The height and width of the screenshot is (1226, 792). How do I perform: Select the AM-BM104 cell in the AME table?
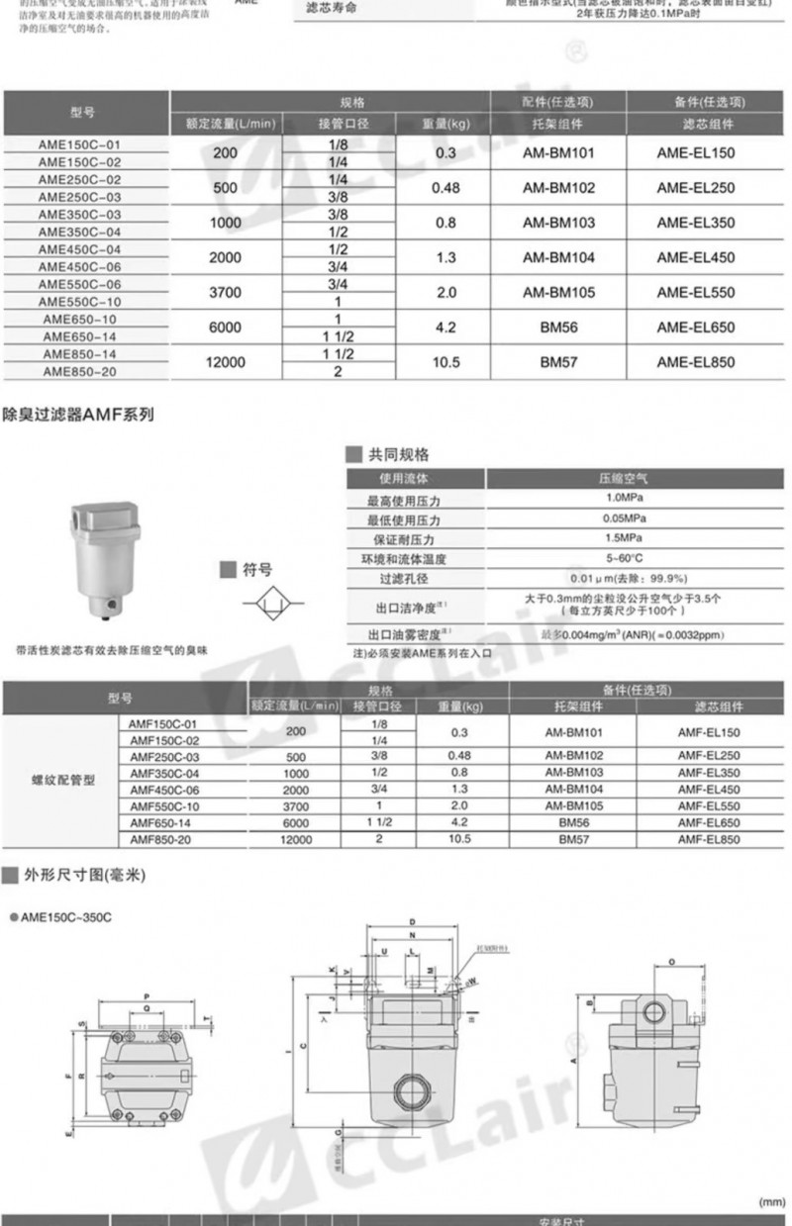(558, 256)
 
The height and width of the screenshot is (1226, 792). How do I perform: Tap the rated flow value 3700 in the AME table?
(226, 292)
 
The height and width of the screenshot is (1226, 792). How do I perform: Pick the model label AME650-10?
(79, 319)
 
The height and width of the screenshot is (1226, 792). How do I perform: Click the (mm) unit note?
(771, 1201)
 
